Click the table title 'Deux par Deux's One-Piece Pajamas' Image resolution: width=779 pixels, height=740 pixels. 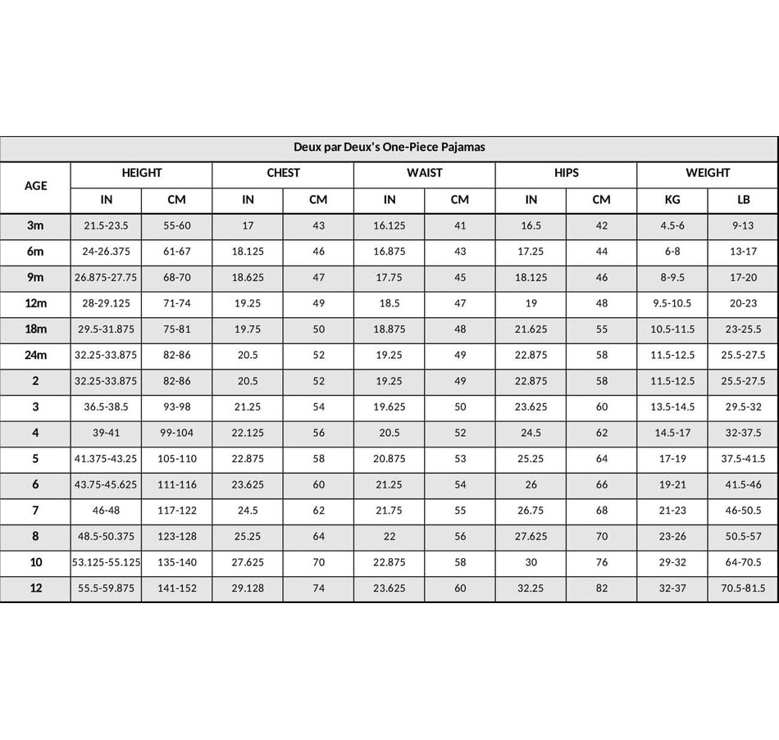coord(389,148)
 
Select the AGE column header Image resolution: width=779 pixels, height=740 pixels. coord(35,186)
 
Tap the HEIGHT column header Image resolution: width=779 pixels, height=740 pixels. coord(141,173)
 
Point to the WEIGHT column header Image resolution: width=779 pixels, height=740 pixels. coord(707,173)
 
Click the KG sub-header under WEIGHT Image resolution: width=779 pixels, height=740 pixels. coord(672,199)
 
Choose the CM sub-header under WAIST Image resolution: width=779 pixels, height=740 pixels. coord(460,199)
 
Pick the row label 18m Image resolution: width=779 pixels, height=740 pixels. coord(35,329)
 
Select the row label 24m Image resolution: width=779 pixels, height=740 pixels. coord(35,356)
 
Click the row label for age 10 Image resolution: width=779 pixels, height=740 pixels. coord(35,563)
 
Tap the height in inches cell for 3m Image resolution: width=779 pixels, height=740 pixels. coord(106,225)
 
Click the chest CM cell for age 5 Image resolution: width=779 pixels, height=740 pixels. coord(318,460)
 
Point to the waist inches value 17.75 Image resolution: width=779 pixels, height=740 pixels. coord(389,278)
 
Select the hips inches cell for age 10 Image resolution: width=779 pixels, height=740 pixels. coord(531,563)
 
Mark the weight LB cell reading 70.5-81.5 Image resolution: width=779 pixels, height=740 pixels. coord(743,589)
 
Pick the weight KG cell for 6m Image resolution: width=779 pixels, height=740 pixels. coord(672,252)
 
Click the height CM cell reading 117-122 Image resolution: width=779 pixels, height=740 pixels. coord(177,511)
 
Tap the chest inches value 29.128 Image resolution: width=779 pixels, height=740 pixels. coord(248,589)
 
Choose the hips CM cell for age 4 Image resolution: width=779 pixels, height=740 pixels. coord(602,434)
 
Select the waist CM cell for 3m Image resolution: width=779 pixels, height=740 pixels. coord(460,225)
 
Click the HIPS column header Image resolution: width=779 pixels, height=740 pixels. coord(566,173)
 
